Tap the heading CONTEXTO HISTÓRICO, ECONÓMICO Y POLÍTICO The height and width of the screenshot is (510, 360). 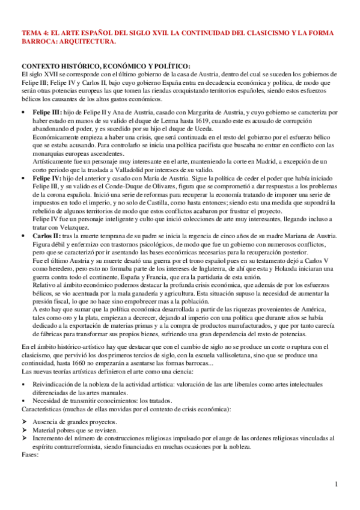(105, 66)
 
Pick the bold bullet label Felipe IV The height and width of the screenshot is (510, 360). (46, 179)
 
